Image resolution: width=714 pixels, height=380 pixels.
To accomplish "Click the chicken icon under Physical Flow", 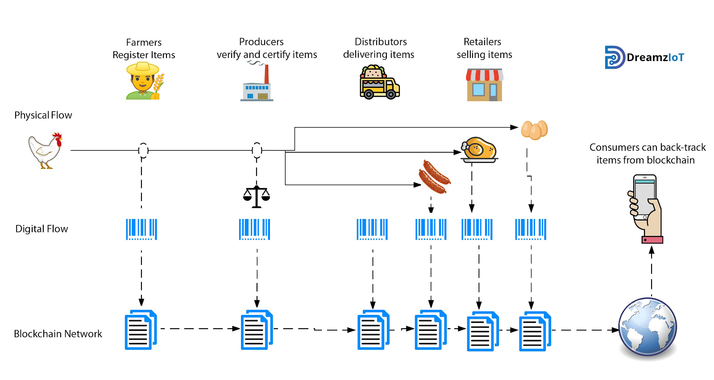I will click(x=45, y=151).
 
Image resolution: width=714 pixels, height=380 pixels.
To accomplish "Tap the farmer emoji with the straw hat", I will click(x=144, y=81).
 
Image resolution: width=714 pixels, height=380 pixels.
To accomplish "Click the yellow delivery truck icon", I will click(x=379, y=83).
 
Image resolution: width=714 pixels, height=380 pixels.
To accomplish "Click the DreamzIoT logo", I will click(x=644, y=57).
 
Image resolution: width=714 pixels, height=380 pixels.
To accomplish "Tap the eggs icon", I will click(x=534, y=130).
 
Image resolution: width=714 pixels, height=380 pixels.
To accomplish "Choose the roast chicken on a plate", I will click(x=479, y=149).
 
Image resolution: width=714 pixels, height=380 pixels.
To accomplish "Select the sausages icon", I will click(x=434, y=177).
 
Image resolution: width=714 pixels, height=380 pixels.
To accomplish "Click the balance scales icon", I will click(x=257, y=196).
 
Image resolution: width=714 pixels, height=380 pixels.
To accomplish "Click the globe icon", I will click(x=648, y=327).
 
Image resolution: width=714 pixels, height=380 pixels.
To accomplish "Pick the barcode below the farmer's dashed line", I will click(x=141, y=229).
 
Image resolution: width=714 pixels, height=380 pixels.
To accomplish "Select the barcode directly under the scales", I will click(x=255, y=229).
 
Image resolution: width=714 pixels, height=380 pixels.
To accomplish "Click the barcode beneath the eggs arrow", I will click(x=531, y=229).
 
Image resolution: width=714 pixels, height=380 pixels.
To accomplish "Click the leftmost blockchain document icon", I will click(x=141, y=330).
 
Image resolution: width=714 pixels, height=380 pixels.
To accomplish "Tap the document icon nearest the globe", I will click(x=535, y=331).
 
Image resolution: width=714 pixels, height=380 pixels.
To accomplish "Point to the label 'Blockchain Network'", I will click(x=58, y=334).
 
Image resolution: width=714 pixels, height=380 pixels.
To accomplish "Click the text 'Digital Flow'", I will click(x=42, y=229).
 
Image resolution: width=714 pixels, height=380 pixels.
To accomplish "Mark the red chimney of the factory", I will click(x=267, y=74).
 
